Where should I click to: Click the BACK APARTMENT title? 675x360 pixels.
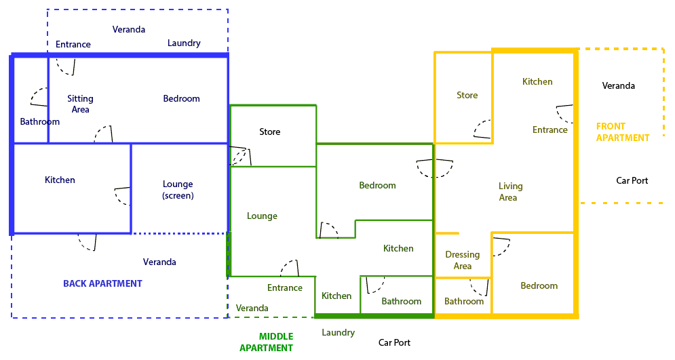tap(102, 283)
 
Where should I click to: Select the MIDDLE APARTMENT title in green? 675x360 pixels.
tap(267, 342)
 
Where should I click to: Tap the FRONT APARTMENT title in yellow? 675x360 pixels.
tap(622, 132)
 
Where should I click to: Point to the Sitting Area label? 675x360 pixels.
tap(80, 104)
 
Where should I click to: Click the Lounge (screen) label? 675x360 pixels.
tap(178, 190)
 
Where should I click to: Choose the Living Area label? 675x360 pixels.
tap(510, 192)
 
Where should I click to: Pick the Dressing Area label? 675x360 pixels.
tap(462, 260)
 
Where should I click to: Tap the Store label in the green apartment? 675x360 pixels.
tap(269, 132)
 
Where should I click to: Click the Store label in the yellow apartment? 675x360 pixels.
tap(467, 96)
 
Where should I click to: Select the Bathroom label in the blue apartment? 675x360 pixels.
tap(39, 122)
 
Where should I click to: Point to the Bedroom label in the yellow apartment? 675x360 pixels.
tap(539, 286)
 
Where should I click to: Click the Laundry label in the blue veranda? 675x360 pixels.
tap(184, 43)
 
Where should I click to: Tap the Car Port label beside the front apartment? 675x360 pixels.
tap(632, 181)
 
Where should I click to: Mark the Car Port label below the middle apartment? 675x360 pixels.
tap(394, 343)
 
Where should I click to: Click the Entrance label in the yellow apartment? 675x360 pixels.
tap(549, 130)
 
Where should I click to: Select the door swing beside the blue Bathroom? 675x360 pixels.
tap(39, 97)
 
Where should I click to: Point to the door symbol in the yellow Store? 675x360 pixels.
tap(482, 130)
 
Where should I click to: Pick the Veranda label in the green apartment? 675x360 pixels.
tap(252, 308)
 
